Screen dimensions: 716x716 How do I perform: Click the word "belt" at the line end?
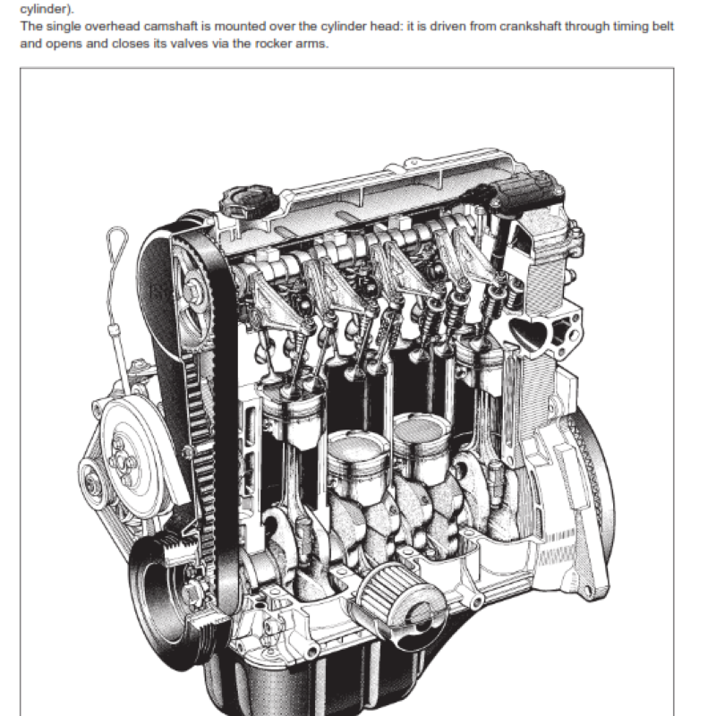tap(661, 26)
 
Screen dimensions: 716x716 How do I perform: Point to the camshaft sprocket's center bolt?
tap(192, 288)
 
